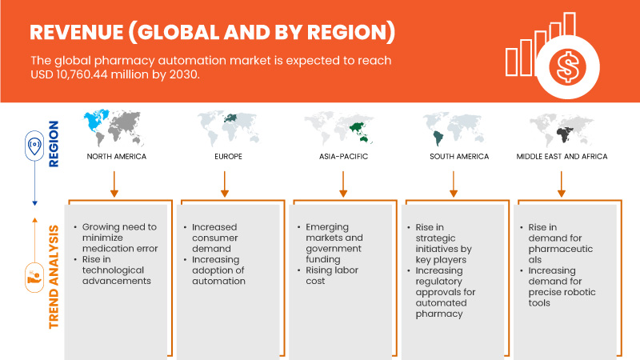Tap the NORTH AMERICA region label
pos(117,156)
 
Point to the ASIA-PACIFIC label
pos(342,156)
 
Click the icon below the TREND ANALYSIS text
pos(34,275)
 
